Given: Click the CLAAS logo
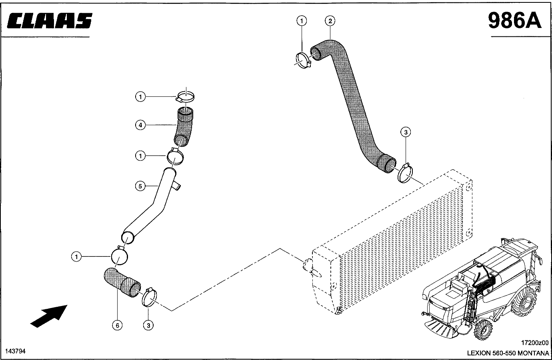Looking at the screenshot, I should pyautogui.click(x=50, y=21).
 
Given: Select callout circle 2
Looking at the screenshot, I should pyautogui.click(x=330, y=20).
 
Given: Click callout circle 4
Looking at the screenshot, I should pyautogui.click(x=140, y=125).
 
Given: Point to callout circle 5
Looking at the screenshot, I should pyautogui.click(x=140, y=186).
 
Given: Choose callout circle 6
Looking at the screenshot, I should pyautogui.click(x=117, y=326).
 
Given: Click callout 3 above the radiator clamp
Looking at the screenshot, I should pyautogui.click(x=405, y=132).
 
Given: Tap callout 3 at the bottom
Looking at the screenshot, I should pyautogui.click(x=148, y=326).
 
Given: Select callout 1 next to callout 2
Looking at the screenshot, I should pyautogui.click(x=302, y=20).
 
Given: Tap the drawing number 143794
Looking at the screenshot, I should pyautogui.click(x=16, y=351).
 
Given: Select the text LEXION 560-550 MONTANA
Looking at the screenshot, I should pyautogui.click(x=508, y=353).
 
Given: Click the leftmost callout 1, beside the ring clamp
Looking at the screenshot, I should pyautogui.click(x=76, y=257).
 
